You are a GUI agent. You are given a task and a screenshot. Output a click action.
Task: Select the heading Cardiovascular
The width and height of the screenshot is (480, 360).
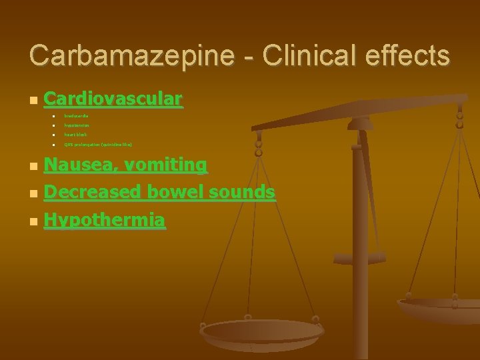pos(112,99)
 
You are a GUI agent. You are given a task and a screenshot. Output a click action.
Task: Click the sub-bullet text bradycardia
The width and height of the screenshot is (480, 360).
pos(77,116)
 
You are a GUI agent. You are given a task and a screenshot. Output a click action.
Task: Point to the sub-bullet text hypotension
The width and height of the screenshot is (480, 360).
pos(77,125)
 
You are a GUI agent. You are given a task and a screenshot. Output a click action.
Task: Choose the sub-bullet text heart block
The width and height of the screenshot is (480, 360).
pos(75,135)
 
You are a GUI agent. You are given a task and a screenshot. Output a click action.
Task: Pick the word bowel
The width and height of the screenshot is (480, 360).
pos(175,192)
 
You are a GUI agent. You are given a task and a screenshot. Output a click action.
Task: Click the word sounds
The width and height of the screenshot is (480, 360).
pos(242,192)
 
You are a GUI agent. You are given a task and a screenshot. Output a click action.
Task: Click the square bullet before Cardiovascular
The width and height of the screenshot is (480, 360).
pos(32,101)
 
